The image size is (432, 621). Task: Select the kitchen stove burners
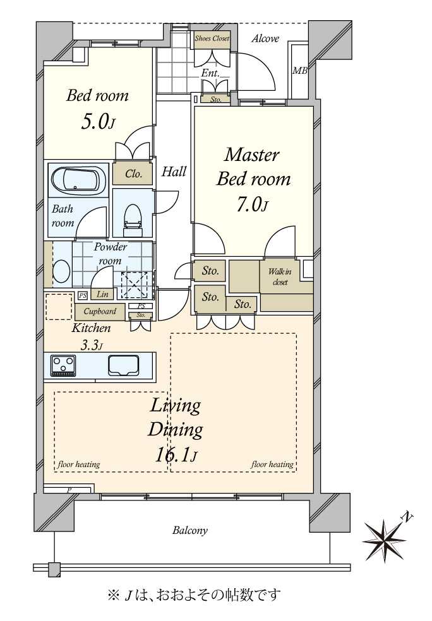(63, 365)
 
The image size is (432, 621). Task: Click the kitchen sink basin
(124, 365)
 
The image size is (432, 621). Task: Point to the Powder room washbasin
(62, 271)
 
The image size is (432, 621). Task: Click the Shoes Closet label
(212, 38)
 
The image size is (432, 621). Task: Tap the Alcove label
(265, 38)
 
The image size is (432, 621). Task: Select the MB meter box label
(299, 71)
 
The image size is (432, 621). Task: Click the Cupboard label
(100, 311)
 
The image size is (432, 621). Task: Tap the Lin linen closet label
(102, 294)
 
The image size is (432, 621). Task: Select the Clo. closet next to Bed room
(133, 174)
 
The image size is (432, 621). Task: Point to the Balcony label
(190, 530)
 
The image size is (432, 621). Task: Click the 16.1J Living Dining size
(176, 456)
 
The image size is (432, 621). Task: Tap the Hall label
(174, 172)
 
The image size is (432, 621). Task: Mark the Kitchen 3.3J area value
(92, 345)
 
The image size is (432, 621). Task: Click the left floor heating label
(78, 464)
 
